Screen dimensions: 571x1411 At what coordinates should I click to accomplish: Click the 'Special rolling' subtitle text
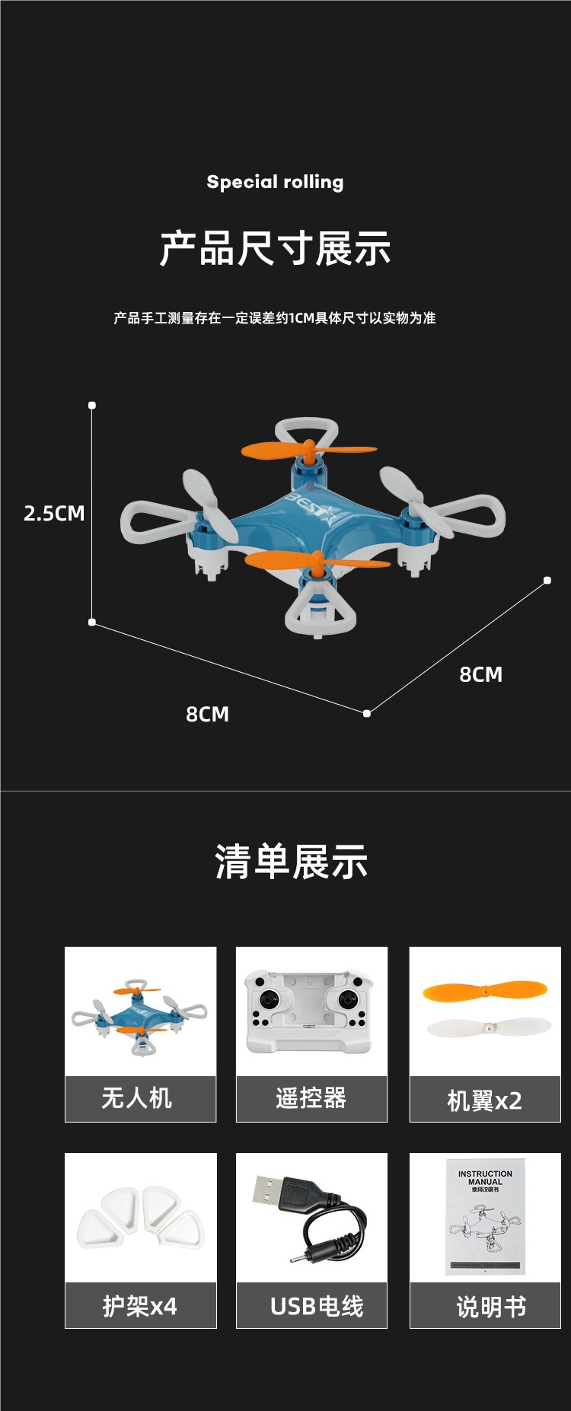pyautogui.click(x=275, y=182)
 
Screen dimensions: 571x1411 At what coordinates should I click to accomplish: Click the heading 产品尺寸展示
pyautogui.click(x=275, y=248)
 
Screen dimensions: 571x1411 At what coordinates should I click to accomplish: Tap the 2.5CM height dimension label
pyautogui.click(x=54, y=513)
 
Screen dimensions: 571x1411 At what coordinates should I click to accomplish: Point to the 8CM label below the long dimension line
pyautogui.click(x=207, y=714)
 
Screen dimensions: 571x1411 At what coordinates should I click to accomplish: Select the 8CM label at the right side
pyautogui.click(x=480, y=674)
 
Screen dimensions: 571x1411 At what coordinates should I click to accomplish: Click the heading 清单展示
pyautogui.click(x=291, y=862)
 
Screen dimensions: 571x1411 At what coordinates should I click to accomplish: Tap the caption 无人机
pyautogui.click(x=137, y=1097)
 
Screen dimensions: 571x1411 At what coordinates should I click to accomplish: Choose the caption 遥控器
pyautogui.click(x=311, y=1097)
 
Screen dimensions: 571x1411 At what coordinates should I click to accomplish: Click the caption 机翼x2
pyautogui.click(x=484, y=1100)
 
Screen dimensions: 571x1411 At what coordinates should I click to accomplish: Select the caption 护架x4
pyautogui.click(x=140, y=1306)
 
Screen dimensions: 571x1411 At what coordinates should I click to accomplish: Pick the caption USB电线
pyautogui.click(x=317, y=1306)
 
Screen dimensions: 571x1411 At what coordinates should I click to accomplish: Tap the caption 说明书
pyautogui.click(x=491, y=1307)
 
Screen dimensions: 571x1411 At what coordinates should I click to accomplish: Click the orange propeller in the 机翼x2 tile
pyautogui.click(x=484, y=991)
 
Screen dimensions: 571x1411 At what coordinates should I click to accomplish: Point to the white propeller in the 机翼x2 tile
pyautogui.click(x=487, y=1027)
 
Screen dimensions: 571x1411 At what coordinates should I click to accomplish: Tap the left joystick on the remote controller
pyautogui.click(x=268, y=999)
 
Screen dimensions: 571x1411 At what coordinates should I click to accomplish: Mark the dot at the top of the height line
pyautogui.click(x=92, y=405)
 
